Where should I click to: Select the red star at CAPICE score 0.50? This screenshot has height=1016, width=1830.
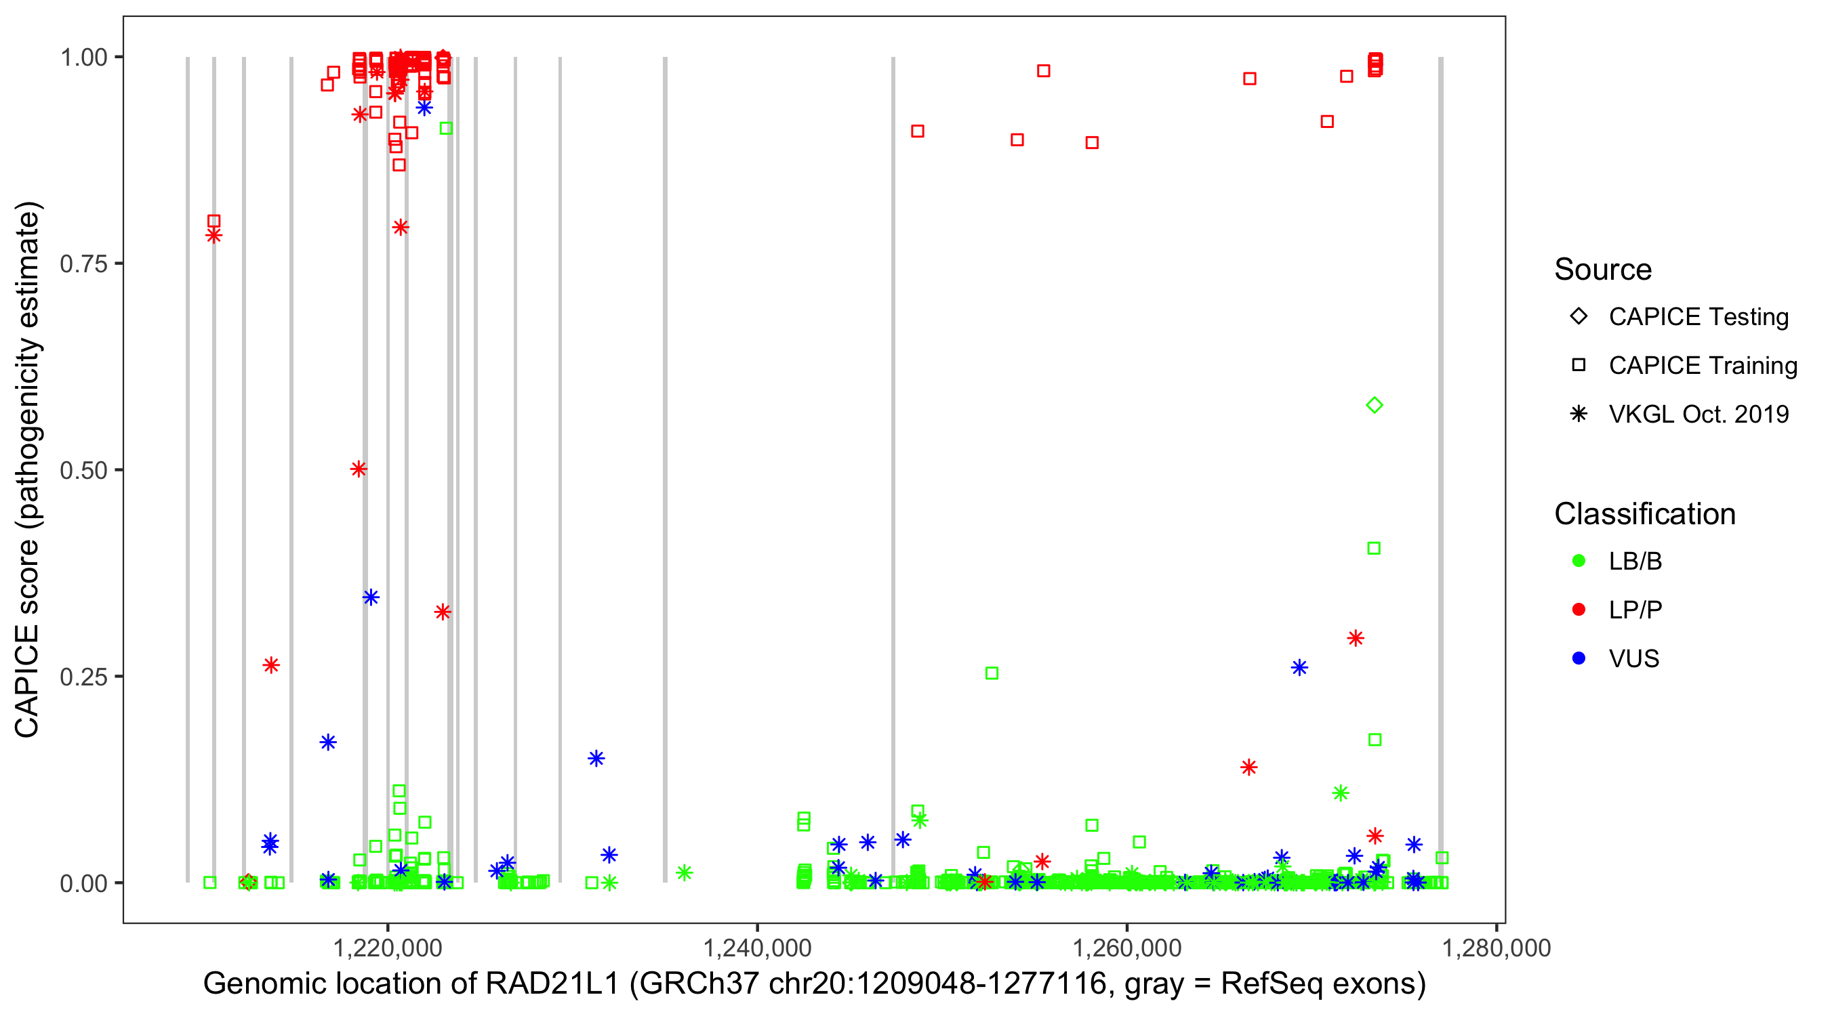(x=359, y=469)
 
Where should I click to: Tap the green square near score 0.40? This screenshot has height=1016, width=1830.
(x=1374, y=548)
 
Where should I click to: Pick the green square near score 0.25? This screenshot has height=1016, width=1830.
(x=992, y=673)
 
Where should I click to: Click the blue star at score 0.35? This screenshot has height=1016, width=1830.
(x=371, y=597)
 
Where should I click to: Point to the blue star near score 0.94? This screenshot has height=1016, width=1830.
(x=424, y=108)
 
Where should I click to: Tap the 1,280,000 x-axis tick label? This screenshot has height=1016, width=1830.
(x=1496, y=948)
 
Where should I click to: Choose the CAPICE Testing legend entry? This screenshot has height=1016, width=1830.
(x=1698, y=317)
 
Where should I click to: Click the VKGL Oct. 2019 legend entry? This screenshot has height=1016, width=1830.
(x=1698, y=414)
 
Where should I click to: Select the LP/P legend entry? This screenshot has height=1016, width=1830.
(x=1635, y=610)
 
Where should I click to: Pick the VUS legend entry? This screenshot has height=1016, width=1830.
(x=1633, y=659)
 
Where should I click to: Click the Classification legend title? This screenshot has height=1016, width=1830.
(x=1644, y=514)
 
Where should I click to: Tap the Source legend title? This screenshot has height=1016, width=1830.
(x=1603, y=270)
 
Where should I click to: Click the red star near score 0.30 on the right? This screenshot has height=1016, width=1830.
(x=1356, y=638)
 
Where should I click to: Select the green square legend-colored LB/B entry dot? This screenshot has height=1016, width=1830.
(x=1579, y=561)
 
